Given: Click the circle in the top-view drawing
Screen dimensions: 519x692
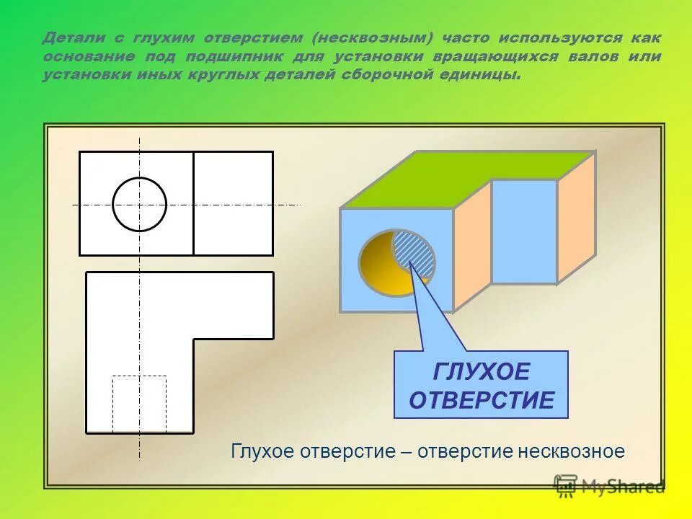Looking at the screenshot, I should (140, 204).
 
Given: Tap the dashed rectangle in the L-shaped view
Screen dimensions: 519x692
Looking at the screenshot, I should (139, 403).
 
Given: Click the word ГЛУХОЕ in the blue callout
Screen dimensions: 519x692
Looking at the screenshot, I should (482, 372).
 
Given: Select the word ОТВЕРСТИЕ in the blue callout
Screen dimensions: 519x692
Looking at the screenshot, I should (482, 400).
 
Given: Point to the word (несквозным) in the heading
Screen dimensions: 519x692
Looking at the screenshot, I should (368, 37).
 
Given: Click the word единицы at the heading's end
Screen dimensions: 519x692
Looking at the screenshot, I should (485, 75).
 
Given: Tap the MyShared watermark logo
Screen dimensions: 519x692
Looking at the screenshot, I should (609, 487).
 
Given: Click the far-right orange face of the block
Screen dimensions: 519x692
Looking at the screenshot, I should (576, 216).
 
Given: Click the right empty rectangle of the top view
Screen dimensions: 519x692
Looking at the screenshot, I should (233, 203).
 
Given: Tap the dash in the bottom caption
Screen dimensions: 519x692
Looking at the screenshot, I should (407, 452).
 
